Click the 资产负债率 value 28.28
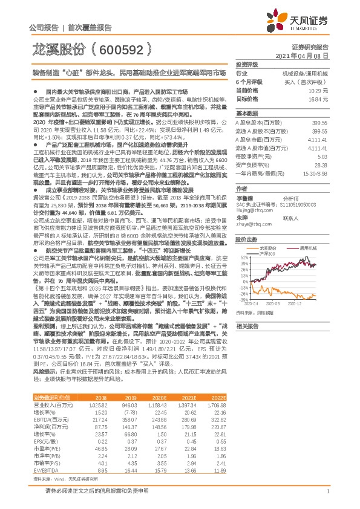coord(321,164)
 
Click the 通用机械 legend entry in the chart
coord(311,247)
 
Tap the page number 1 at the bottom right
coord(327,493)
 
